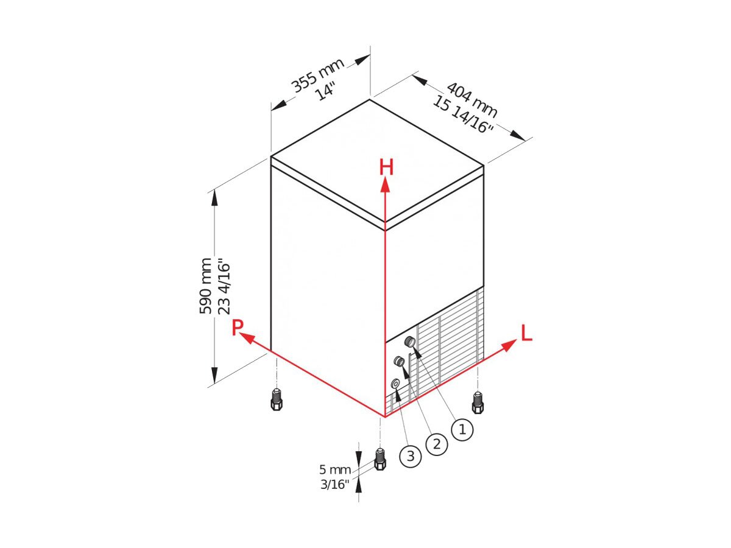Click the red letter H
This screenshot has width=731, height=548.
coord(386,167)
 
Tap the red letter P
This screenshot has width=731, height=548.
coord(237,328)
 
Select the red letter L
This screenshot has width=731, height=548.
coord(526,333)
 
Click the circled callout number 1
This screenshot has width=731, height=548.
coord(462,430)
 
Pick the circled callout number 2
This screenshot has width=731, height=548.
coord(437,444)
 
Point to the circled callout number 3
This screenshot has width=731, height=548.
coord(411,455)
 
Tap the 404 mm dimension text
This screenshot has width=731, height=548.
coord(471,99)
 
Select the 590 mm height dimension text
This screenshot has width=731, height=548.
coord(205,286)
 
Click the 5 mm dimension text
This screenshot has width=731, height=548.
coord(335,469)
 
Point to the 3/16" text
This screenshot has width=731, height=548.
coord(335,485)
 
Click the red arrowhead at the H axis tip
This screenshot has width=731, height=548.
coord(386,184)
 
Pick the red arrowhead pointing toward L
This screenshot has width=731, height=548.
coord(509,345)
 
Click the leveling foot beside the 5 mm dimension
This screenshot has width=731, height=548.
coord(380,459)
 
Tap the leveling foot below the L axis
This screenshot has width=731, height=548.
coord(478,402)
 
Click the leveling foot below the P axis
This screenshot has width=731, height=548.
coord(276,399)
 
